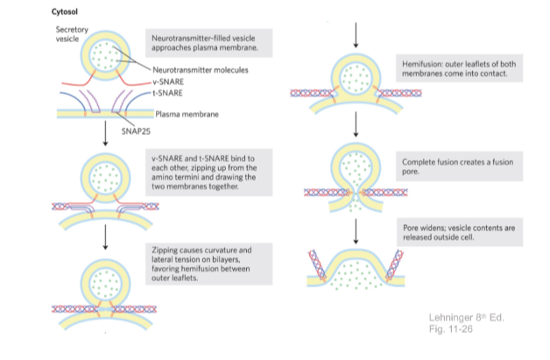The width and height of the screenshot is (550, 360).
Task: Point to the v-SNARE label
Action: point(164,80)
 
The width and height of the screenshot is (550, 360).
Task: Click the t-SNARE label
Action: point(163,90)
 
